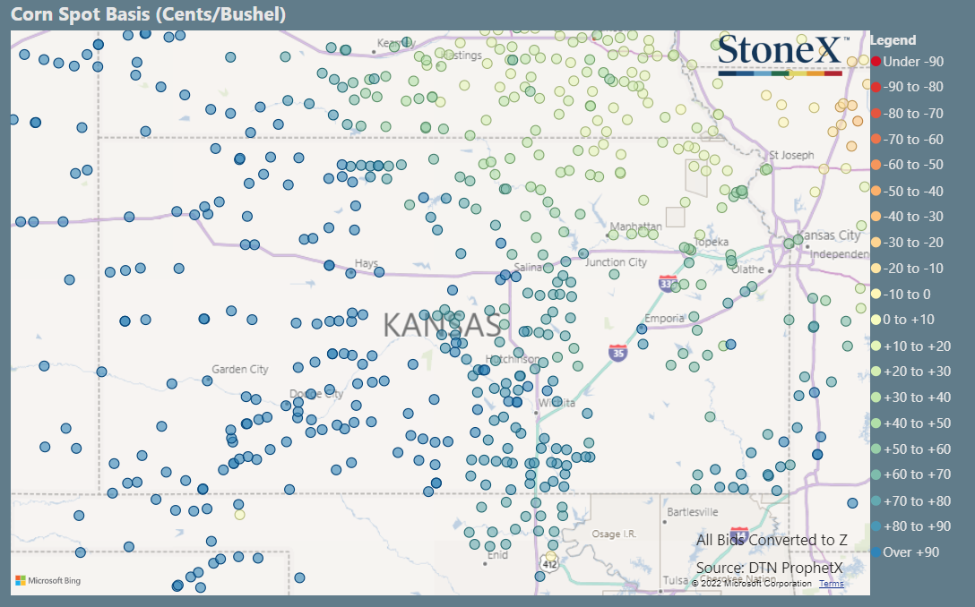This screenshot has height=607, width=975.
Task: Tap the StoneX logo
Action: [779, 53]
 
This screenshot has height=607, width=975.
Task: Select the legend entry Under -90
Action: [912, 62]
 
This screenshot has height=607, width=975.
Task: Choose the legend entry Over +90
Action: [910, 552]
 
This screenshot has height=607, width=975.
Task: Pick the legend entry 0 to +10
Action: [909, 320]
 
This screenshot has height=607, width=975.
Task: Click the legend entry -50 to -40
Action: [912, 191]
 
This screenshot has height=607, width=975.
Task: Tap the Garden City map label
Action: [239, 369]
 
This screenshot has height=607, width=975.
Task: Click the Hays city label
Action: [367, 264]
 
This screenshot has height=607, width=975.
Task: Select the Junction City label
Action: [616, 262]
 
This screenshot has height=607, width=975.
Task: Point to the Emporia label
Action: [665, 318]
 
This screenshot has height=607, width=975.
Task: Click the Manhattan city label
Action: [635, 227]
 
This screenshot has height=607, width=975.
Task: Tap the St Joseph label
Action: [791, 155]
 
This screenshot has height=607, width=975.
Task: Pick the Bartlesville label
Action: [693, 512]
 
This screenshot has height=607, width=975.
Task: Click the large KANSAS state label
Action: [442, 325]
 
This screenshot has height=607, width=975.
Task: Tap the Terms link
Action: [831, 584]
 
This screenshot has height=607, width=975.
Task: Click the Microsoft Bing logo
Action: [48, 581]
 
